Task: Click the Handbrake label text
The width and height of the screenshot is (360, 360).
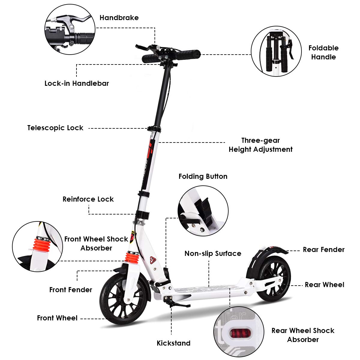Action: click(x=119, y=18)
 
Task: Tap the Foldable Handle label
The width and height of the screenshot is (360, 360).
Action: click(x=323, y=52)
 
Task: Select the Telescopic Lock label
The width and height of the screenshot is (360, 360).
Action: click(x=55, y=128)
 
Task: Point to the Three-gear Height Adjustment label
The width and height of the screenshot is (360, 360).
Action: click(x=260, y=145)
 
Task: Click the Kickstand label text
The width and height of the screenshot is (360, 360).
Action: click(x=173, y=343)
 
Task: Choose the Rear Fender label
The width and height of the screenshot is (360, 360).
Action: click(x=323, y=250)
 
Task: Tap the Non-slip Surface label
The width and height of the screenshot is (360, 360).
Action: click(x=213, y=253)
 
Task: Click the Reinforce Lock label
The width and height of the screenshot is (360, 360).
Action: click(x=88, y=199)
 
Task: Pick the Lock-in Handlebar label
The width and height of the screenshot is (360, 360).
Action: click(x=76, y=83)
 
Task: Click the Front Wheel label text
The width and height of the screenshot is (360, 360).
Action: click(x=57, y=318)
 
